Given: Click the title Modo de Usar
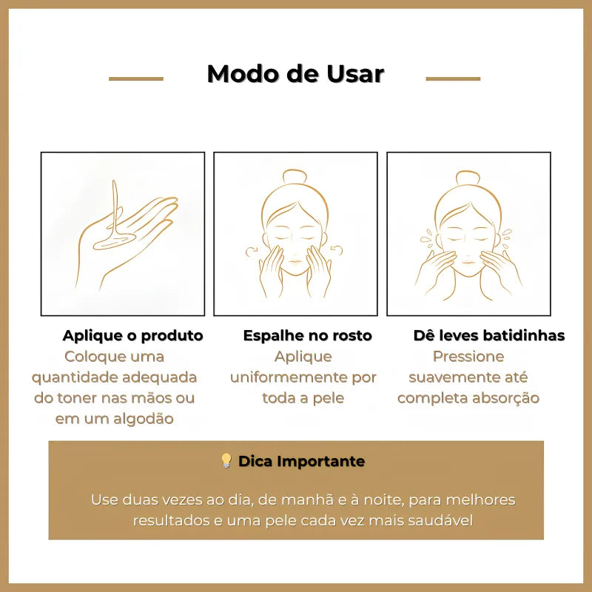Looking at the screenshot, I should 295,74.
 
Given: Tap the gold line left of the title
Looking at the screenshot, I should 136,78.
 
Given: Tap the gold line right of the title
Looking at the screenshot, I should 453,78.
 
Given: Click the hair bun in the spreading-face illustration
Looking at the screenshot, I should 296,178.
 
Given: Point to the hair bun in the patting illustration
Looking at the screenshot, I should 468,178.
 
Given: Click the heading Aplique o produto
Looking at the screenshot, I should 132,336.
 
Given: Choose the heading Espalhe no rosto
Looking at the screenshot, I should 307,336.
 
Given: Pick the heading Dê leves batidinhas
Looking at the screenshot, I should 488,336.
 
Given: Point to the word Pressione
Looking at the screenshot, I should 468,357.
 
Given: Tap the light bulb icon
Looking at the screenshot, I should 226,461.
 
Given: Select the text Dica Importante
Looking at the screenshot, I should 301,462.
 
